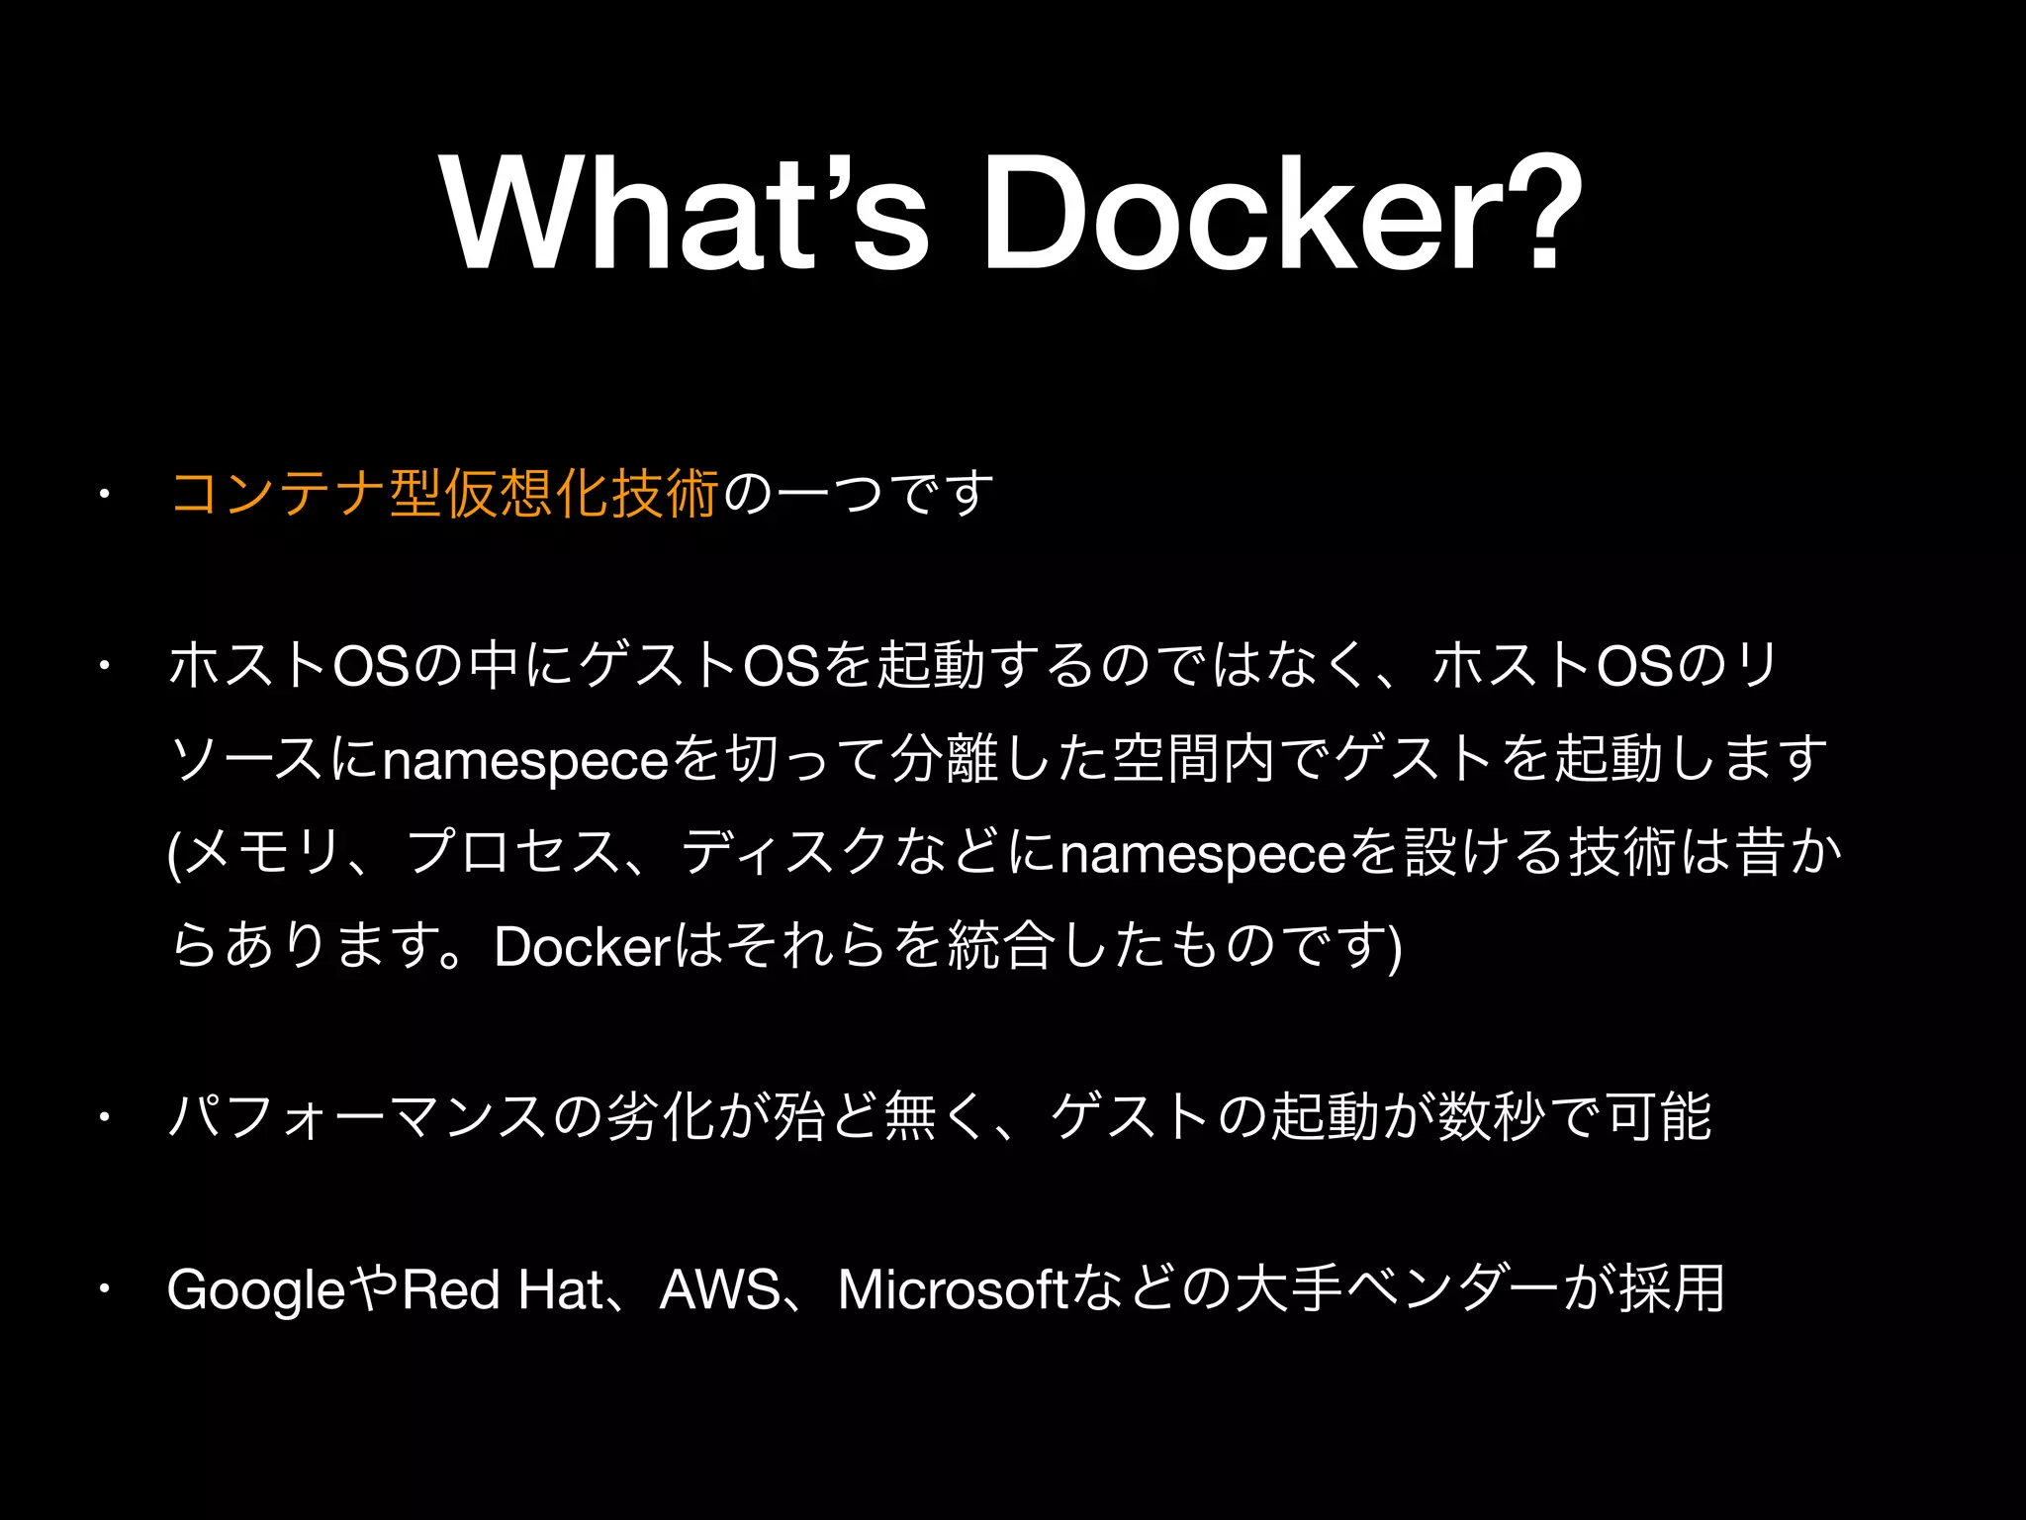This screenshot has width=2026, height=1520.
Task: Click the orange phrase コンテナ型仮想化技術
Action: (x=444, y=494)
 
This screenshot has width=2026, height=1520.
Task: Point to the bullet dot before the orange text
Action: (x=102, y=494)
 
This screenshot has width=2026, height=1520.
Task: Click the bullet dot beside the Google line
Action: (x=102, y=1289)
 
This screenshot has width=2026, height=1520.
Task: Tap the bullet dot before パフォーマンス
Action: (x=102, y=1118)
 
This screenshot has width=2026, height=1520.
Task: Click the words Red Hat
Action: (x=503, y=1289)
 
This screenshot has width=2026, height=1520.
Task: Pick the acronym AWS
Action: (x=719, y=1289)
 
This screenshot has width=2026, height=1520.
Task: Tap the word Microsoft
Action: (x=953, y=1289)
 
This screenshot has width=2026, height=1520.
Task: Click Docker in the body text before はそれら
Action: (x=583, y=948)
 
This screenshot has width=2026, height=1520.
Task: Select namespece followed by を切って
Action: (x=525, y=761)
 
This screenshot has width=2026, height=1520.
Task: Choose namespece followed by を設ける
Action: (x=1203, y=854)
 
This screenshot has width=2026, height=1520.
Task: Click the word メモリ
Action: (x=264, y=853)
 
